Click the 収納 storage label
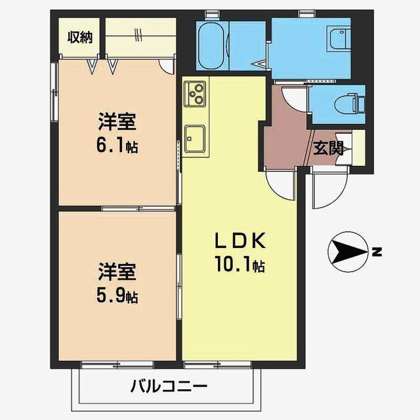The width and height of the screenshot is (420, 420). pyautogui.click(x=80, y=37)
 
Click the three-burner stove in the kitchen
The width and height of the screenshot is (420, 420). pyautogui.click(x=196, y=94)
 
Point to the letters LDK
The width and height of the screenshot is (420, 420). pyautogui.click(x=239, y=241)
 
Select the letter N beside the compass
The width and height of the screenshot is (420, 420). pyautogui.click(x=376, y=251)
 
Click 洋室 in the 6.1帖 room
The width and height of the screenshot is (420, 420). pyautogui.click(x=118, y=123)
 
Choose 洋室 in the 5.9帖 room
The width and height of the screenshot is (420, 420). pyautogui.click(x=118, y=270)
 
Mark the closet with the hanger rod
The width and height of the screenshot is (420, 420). pyautogui.click(x=140, y=36)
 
